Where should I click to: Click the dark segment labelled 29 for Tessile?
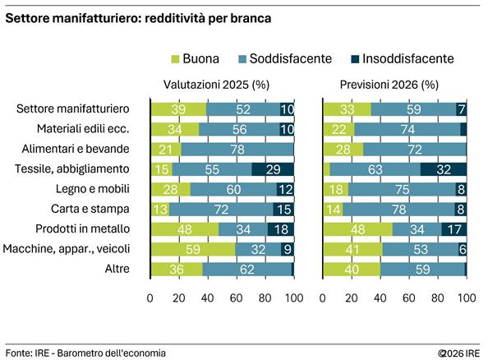pos(273,168)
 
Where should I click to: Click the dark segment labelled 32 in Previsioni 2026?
pos(444,168)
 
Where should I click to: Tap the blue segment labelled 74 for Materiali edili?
pos(407,128)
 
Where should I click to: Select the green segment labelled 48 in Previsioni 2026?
pos(357,229)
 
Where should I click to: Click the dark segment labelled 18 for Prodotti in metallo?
pos(280,229)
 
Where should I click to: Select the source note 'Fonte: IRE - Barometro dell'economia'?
pos(85,353)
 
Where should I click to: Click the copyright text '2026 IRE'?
pos(462,353)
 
